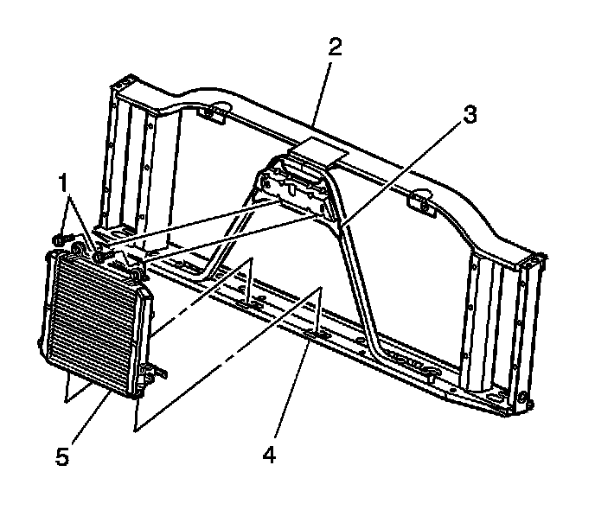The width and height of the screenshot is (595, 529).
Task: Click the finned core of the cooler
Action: (91, 320)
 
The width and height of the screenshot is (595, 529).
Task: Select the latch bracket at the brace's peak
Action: (299, 185)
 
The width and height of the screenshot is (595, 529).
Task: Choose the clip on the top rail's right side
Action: (420, 203)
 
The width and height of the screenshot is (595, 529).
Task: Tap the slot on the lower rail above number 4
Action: (313, 329)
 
